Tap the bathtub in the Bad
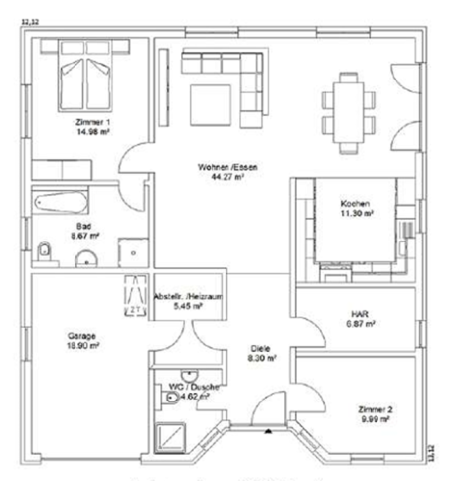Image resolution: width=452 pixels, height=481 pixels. [x=66, y=202]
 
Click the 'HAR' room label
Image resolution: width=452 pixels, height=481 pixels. [x=355, y=313]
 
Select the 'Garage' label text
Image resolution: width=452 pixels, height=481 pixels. [x=81, y=336]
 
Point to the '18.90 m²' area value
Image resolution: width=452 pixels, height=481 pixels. [x=81, y=347]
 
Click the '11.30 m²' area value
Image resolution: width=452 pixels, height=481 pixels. [x=356, y=212]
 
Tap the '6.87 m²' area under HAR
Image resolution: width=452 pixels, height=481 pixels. [x=355, y=324]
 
